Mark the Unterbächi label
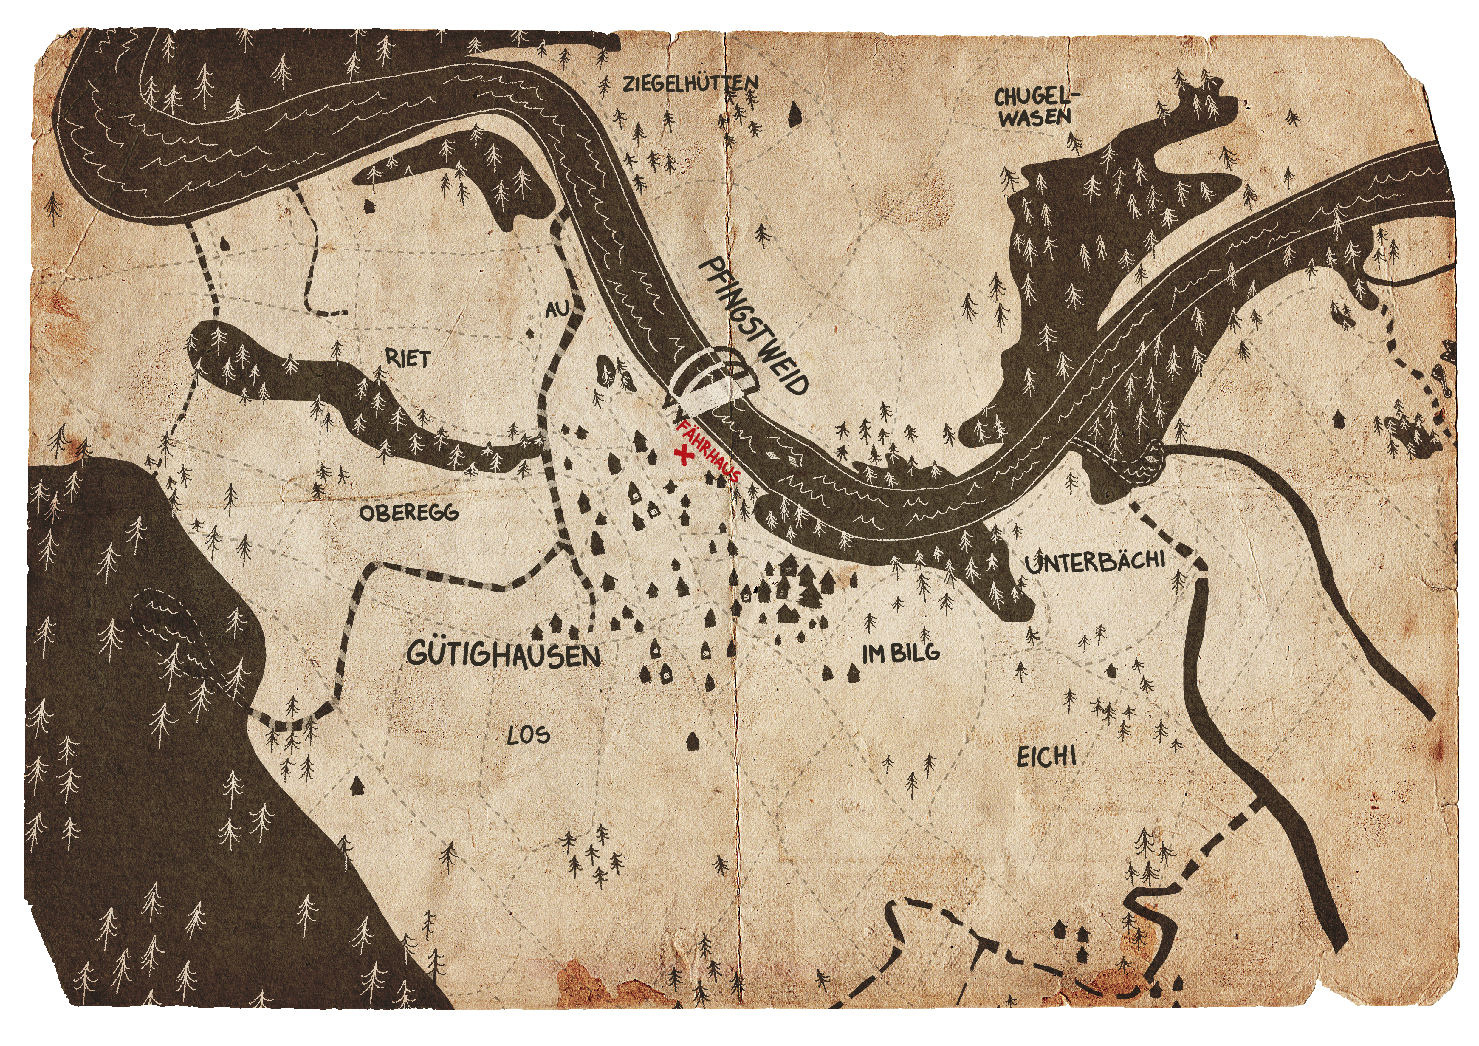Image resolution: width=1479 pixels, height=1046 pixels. pyautogui.click(x=1095, y=562)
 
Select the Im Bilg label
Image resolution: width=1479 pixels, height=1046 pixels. pyautogui.click(x=901, y=654)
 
